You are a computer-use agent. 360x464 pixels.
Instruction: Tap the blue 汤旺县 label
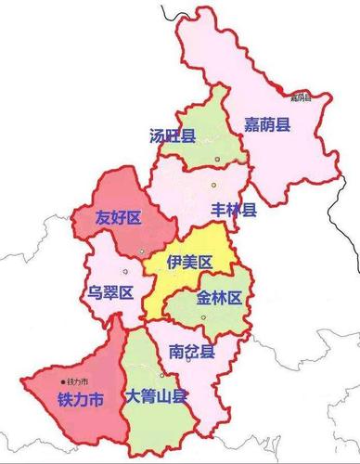pos(173,136)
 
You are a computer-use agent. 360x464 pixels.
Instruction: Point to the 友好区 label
pos(118,218)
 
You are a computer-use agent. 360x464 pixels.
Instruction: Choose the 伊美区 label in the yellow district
pos(189,263)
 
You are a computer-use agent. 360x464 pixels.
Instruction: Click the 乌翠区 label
pos(111,292)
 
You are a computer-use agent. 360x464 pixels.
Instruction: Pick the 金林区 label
pos(219,298)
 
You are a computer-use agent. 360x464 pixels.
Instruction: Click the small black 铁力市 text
pos(78,381)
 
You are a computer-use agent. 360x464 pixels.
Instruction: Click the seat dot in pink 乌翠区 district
pos(141,251)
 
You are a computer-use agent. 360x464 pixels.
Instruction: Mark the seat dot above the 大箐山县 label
pos(163,376)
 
